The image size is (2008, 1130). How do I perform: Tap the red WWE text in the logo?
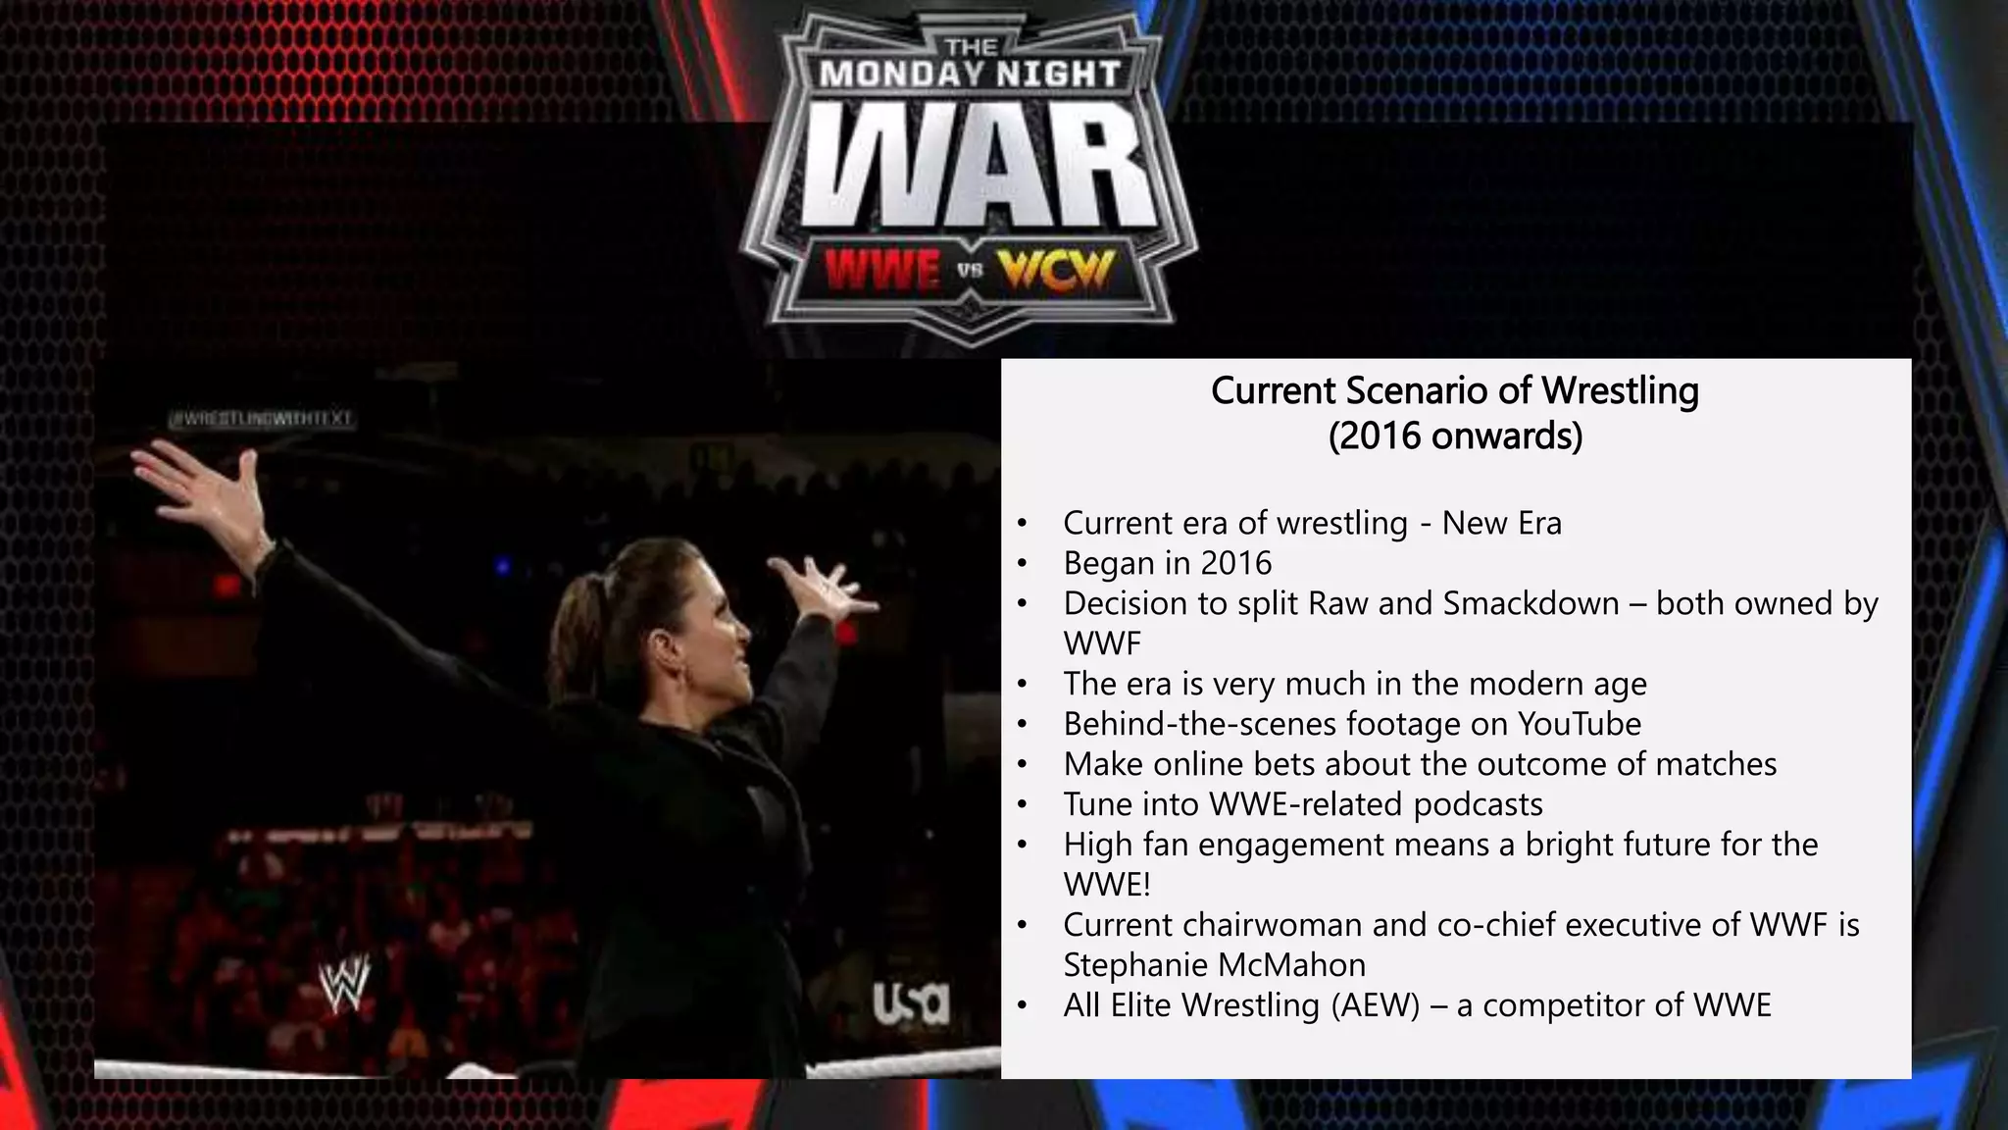881,271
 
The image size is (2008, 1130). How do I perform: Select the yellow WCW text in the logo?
1056,271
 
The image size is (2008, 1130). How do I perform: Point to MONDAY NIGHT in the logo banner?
970,75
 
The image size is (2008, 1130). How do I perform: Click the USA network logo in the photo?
911,1002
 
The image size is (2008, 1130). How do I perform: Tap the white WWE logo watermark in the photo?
345,983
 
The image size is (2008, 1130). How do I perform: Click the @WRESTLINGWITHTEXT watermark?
260,420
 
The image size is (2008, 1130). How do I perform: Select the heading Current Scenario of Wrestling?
1454,390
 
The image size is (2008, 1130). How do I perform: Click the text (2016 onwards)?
1455,436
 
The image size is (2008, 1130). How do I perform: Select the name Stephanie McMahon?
1214,965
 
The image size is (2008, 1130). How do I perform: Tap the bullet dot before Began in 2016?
1022,564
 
